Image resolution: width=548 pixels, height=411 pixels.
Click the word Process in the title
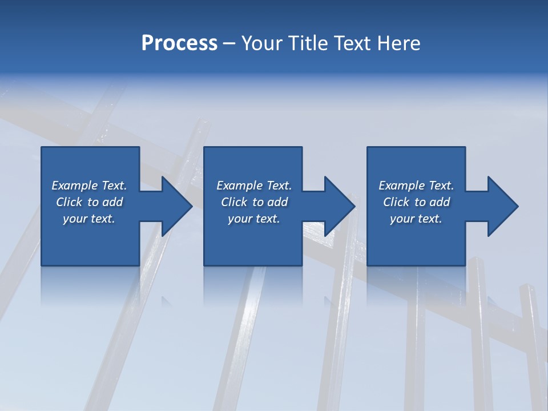tap(179, 43)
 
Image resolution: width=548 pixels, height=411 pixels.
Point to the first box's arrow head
tap(177, 206)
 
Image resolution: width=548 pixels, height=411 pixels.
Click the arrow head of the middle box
tap(340, 206)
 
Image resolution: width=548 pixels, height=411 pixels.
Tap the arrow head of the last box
tap(503, 206)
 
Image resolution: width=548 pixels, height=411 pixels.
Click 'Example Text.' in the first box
tap(89, 186)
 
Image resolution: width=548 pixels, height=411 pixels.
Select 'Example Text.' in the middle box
tap(254, 186)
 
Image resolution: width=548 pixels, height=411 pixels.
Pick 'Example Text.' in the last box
tap(416, 186)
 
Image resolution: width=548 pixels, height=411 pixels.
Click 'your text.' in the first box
tap(89, 219)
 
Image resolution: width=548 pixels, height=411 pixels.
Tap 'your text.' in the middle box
tap(254, 219)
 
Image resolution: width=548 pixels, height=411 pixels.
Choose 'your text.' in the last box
tap(416, 219)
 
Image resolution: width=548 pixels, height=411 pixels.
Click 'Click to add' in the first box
tap(89, 202)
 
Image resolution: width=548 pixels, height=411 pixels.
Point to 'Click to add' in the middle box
tap(254, 202)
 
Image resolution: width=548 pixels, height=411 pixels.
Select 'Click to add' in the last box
tap(416, 202)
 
